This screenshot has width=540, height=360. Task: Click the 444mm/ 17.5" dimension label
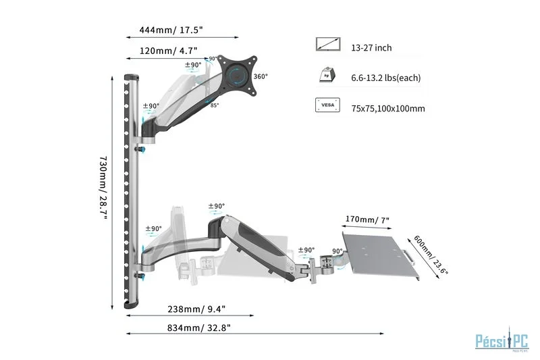[171, 30]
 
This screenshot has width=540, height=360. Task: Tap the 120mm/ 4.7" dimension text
[168, 51]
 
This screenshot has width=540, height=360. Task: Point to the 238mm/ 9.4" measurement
[196, 309]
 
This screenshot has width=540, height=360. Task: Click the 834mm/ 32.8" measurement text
[198, 328]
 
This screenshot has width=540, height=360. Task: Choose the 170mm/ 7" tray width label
[367, 220]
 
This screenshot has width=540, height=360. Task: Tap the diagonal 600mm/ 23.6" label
[430, 255]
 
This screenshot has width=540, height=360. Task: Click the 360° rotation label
[261, 76]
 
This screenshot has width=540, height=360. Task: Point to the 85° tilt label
[215, 105]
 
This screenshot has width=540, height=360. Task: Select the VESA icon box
[327, 105]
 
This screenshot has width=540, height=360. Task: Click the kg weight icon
[327, 75]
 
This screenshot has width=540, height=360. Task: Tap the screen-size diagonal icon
[328, 45]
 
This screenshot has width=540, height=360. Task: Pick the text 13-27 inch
[371, 47]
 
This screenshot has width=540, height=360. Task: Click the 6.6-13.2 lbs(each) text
[385, 78]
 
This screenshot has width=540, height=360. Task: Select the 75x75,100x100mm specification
[387, 109]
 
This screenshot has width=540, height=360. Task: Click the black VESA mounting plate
[238, 75]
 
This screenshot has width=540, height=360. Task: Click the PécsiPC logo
[502, 340]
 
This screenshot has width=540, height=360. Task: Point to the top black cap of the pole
[131, 77]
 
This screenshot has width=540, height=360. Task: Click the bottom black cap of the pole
[131, 305]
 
